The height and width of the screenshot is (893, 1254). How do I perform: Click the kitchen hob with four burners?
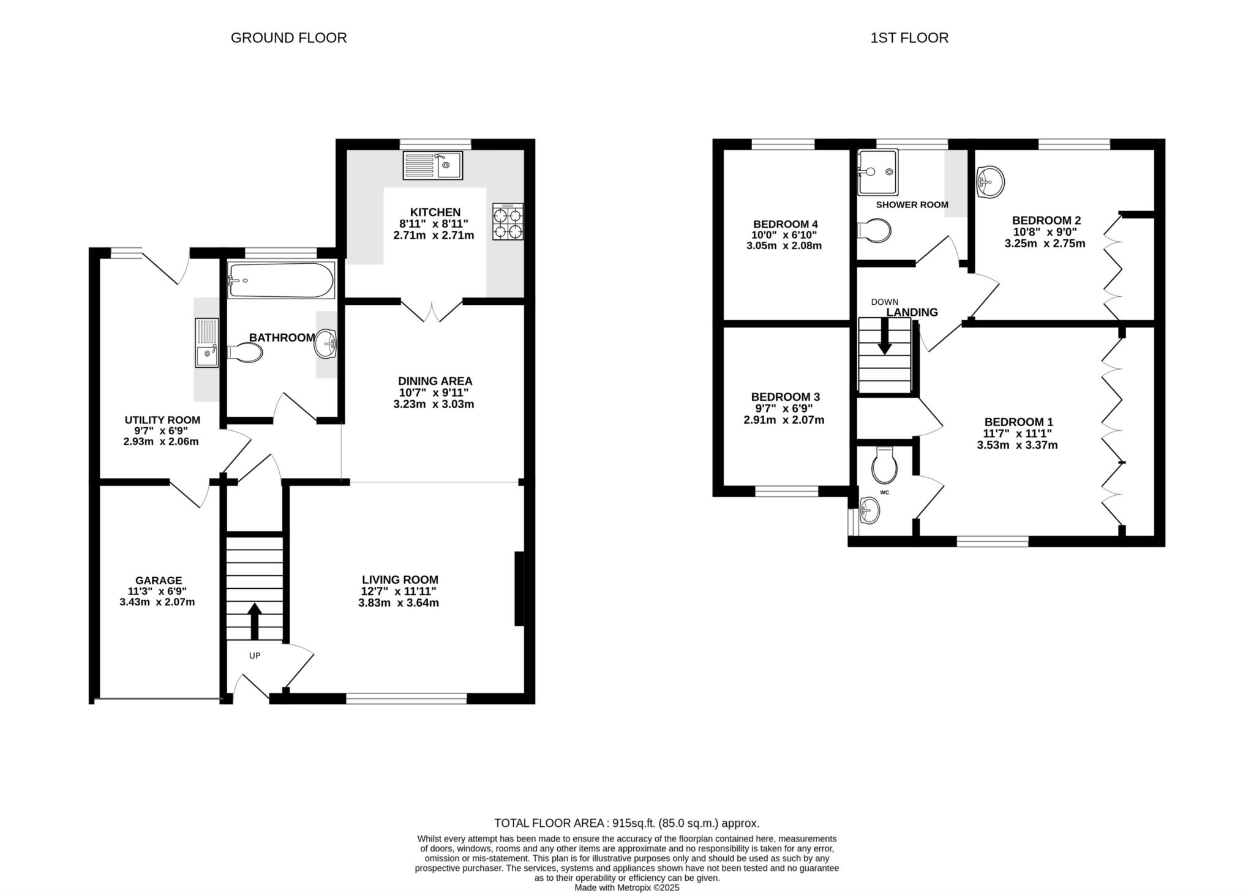508,221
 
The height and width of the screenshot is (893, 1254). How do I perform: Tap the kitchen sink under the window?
433,165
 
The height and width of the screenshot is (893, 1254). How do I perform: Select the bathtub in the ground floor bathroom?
282,280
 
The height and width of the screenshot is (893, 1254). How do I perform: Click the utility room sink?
207,342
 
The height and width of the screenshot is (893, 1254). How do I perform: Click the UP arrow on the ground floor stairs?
254,621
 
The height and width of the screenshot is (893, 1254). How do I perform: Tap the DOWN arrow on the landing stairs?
884,337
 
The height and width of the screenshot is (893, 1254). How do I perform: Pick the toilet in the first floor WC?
884,465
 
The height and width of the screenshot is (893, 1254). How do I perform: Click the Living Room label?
400,580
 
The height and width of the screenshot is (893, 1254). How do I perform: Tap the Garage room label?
159,580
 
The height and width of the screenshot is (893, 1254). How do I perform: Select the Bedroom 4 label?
785,224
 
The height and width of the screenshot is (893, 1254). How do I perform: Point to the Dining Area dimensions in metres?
434,405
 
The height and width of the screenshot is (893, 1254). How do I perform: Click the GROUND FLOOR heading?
288,38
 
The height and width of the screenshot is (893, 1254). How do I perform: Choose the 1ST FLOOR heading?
909,38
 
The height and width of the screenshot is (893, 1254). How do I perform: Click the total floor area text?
627,823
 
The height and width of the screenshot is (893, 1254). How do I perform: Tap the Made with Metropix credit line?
627,887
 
